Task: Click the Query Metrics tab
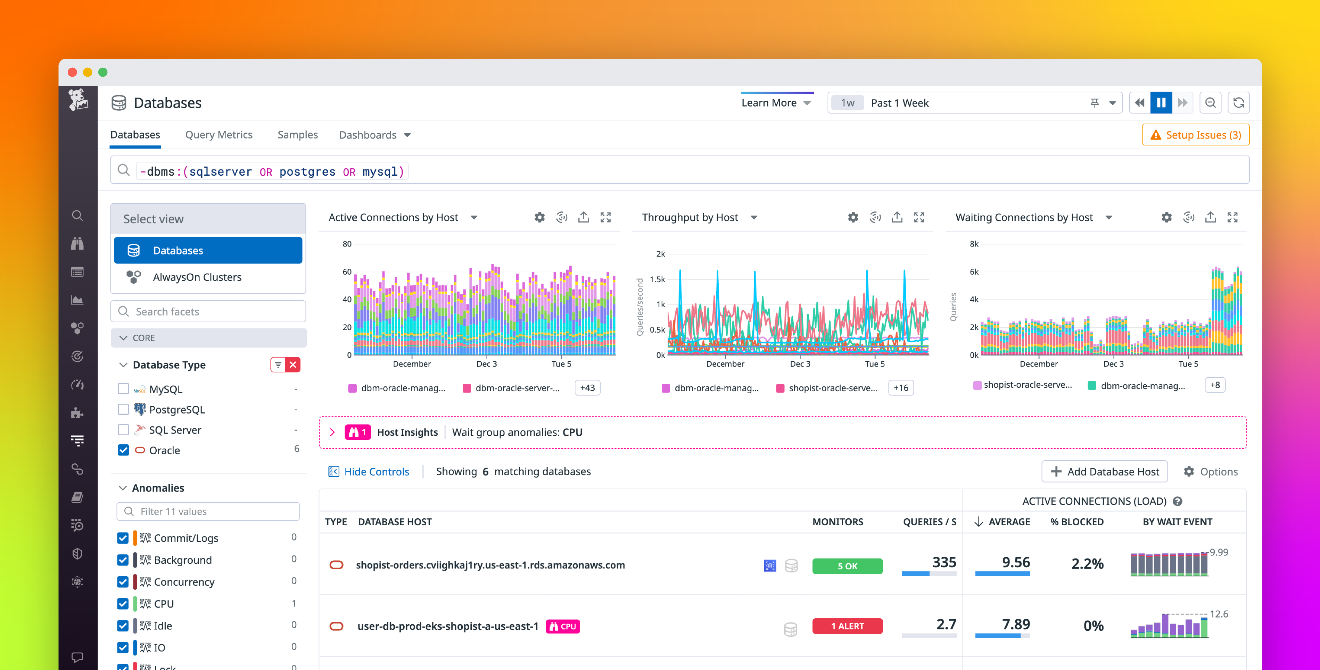(219, 135)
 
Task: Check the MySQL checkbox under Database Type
(123, 389)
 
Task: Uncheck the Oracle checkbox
(123, 450)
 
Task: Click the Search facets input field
(215, 311)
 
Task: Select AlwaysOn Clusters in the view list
(197, 277)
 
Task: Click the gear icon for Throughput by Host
(853, 217)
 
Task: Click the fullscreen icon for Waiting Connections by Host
(1232, 217)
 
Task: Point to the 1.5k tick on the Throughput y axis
(658, 279)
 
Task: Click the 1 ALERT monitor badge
(847, 626)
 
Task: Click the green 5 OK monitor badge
(847, 566)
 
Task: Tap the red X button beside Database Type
(293, 365)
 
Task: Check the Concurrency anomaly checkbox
(123, 582)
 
